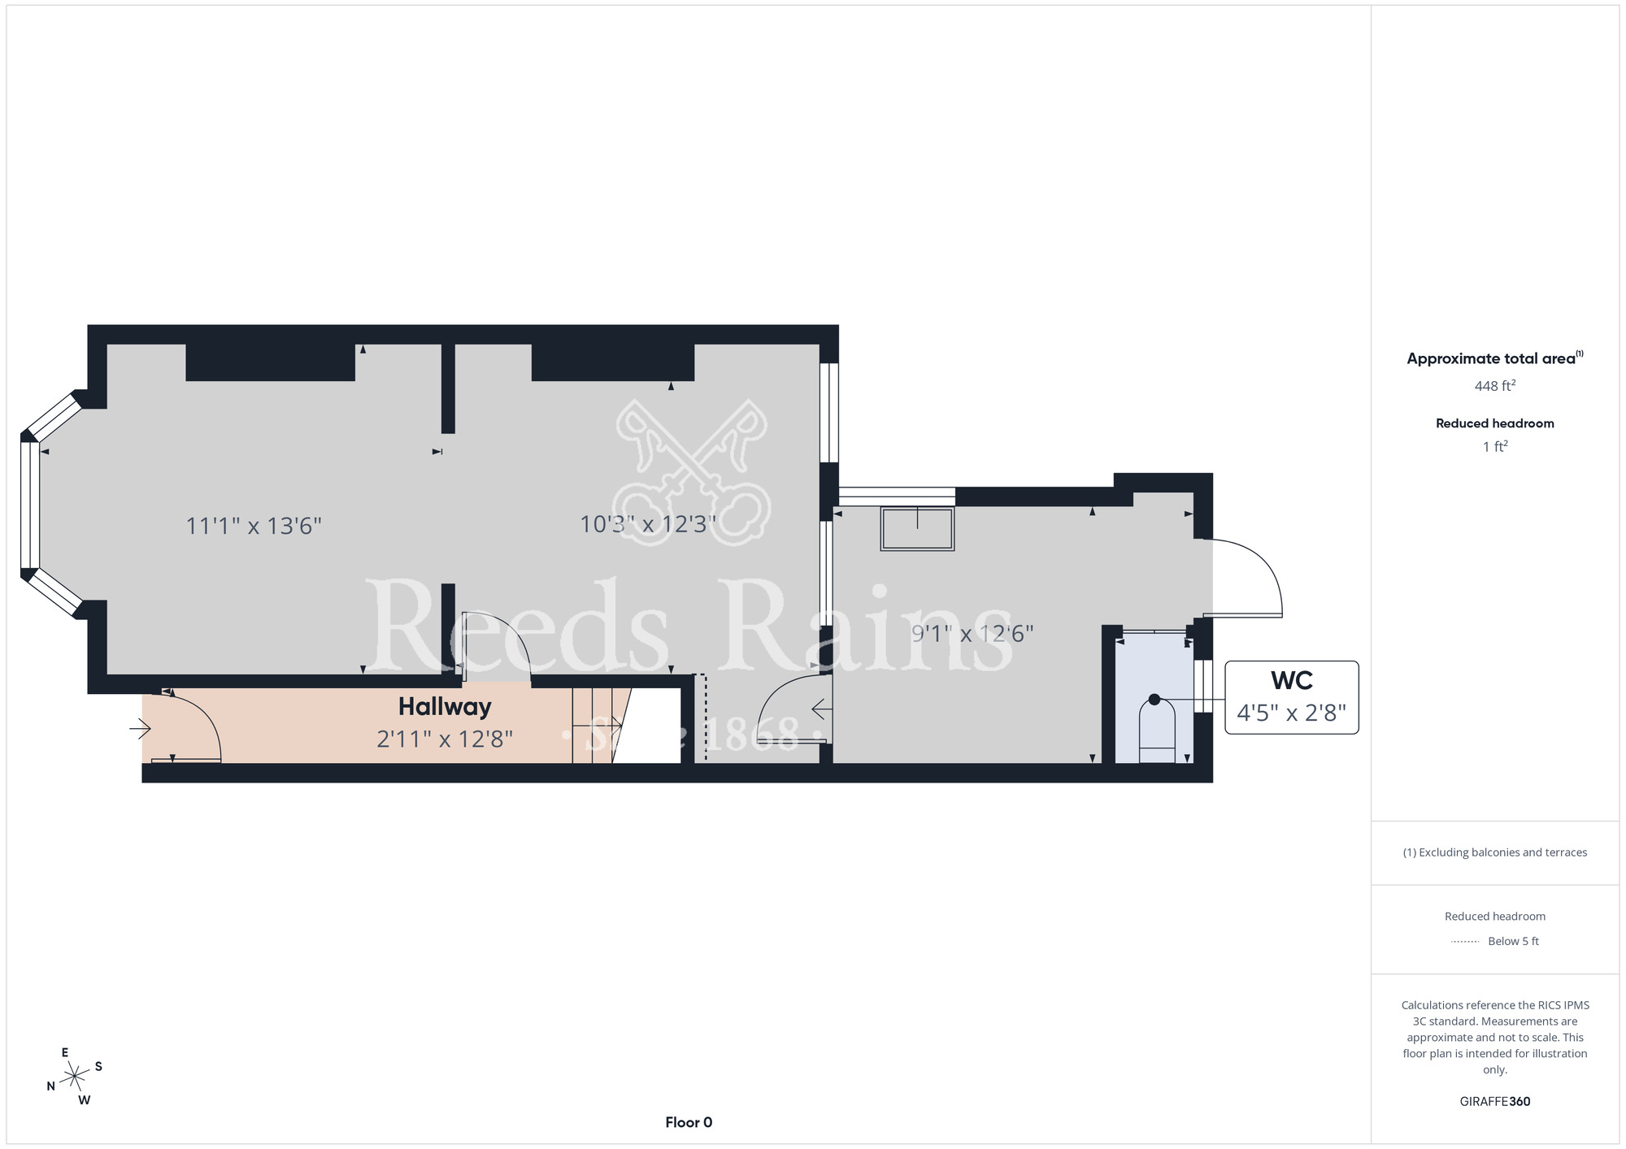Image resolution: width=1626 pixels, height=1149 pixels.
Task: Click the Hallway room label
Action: tap(445, 707)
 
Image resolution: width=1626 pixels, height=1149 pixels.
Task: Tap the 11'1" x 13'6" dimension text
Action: tap(254, 526)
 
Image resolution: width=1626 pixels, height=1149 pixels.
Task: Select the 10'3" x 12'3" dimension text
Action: tap(648, 524)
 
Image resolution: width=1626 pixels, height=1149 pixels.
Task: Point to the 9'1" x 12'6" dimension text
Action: tap(972, 633)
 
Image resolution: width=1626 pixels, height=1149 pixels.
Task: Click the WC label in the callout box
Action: tap(1292, 680)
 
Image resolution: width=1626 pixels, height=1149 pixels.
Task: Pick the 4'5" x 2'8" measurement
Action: tap(1291, 713)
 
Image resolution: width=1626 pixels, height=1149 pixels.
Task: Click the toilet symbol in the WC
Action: tap(1157, 729)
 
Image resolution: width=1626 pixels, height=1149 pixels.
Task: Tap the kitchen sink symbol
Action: tap(917, 529)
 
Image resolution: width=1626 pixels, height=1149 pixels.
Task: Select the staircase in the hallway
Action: tap(602, 725)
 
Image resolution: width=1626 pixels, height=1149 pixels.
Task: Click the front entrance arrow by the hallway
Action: tap(140, 729)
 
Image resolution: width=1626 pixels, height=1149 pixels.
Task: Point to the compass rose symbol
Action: tap(75, 1077)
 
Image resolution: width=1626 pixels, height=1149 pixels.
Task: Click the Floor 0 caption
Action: tap(689, 1122)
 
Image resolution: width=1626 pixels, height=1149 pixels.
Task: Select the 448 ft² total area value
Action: tap(1494, 386)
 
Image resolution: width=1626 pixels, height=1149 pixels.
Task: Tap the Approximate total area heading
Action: tap(1494, 358)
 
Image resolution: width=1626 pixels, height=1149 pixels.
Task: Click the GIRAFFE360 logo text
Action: tap(1494, 1102)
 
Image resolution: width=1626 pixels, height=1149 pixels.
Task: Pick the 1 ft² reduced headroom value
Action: tap(1495, 446)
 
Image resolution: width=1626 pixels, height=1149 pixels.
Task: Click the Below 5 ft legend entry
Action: tap(1494, 941)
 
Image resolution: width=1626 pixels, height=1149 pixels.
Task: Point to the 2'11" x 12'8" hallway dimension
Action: tap(445, 739)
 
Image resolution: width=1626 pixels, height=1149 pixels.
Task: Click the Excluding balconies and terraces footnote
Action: tap(1494, 852)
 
